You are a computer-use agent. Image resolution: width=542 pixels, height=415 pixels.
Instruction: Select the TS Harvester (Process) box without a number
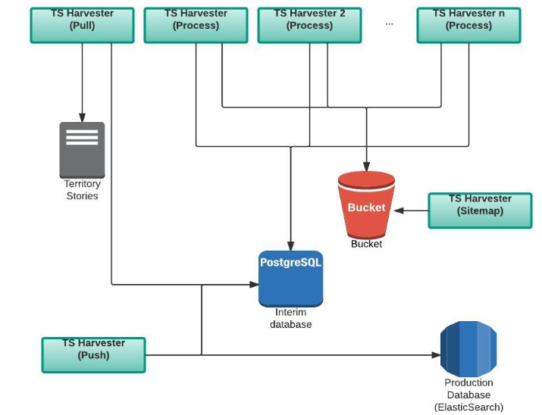tap(196, 25)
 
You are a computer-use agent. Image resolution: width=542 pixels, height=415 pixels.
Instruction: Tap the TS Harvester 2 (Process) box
tap(309, 25)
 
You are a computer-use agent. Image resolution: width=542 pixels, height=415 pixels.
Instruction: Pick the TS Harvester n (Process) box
tap(468, 25)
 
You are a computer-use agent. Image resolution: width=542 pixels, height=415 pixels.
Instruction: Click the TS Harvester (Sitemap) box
tap(480, 210)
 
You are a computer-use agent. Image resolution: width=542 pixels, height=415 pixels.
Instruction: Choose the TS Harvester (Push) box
tap(93, 355)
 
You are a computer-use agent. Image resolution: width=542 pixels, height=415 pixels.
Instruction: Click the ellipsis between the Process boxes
tap(389, 23)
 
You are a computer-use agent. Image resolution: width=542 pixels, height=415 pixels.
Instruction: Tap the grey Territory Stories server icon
tap(82, 150)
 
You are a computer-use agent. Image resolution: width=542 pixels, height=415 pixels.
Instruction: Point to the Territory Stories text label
tap(82, 190)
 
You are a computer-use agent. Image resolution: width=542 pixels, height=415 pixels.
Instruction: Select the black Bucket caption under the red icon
tap(366, 244)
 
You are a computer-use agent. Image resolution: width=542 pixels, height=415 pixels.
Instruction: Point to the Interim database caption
tap(290, 319)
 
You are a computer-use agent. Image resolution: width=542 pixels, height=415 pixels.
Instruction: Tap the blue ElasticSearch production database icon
tap(468, 349)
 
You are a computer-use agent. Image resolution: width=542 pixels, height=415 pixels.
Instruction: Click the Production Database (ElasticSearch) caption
tap(468, 395)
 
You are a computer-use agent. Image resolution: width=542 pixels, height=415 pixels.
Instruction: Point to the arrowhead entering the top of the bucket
tap(366, 167)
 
